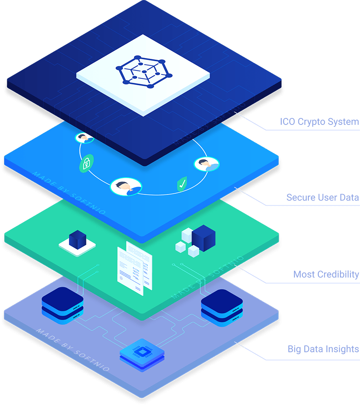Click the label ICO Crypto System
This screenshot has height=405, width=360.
[x=319, y=122]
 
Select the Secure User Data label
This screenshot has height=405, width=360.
[x=322, y=197]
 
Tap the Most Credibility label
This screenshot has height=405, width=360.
[x=326, y=275]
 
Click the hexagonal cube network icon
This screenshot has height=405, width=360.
[x=143, y=71]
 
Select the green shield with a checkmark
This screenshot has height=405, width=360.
[x=182, y=184]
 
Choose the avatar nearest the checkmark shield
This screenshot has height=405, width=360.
[x=206, y=164]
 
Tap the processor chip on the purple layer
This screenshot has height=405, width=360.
[x=142, y=351]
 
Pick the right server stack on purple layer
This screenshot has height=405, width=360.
[x=222, y=306]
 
